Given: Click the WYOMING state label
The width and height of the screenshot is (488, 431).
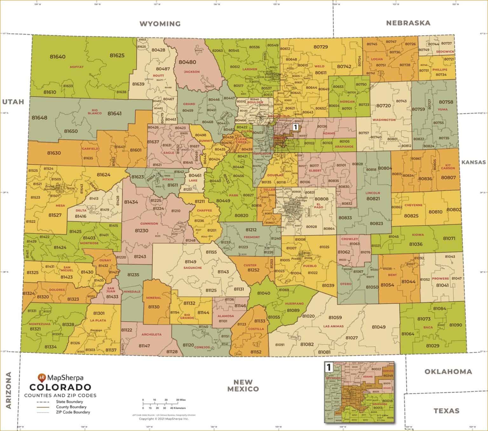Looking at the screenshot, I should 160,24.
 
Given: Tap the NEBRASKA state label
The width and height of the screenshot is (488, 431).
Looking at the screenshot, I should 408,23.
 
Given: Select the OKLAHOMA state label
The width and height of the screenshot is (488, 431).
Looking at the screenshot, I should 448,372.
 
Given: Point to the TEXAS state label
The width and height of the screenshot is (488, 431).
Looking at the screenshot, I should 446,411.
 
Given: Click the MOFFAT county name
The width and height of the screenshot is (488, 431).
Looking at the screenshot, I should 77,67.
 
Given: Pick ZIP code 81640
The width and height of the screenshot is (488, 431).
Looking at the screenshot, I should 58,57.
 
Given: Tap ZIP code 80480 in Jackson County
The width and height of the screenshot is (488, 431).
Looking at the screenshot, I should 187,62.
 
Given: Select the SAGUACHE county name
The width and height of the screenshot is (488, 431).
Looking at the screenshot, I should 193,268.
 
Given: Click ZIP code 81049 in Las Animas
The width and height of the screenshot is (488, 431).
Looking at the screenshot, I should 378,327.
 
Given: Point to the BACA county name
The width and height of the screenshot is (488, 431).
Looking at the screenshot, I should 428,327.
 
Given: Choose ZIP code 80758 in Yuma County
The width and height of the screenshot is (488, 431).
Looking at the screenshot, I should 446,102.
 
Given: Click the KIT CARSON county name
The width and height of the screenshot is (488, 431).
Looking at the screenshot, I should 448,167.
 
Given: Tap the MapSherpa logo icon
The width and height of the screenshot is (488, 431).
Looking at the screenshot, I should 42,378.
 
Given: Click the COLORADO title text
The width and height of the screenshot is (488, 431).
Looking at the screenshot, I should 60,387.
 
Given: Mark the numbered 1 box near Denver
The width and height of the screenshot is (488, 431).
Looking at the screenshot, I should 295,127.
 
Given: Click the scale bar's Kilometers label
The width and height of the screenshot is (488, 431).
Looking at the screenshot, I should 178,408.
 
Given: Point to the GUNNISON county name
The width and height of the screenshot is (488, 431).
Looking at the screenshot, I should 149,223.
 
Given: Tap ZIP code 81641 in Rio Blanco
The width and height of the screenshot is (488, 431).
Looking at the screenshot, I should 114,113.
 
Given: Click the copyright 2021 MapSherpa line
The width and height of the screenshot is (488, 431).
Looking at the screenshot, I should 164,419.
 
